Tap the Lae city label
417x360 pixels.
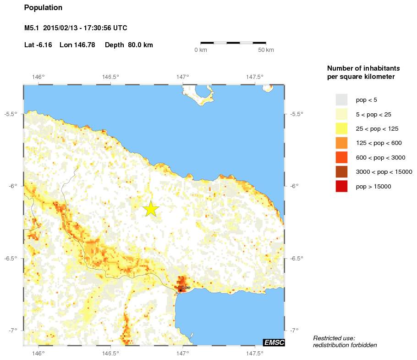tap(186, 287)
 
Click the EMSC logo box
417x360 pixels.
tap(274, 342)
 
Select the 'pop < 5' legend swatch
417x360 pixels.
tap(341, 100)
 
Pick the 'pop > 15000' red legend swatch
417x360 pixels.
tap(341, 186)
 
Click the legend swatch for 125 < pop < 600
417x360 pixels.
tap(341, 143)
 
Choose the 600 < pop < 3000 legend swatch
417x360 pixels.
tap(341, 157)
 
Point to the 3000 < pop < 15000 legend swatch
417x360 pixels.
tap(341, 172)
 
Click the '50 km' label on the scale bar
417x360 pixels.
tap(266, 50)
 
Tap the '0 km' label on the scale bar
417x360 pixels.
tap(201, 50)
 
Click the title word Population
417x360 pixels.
tap(43, 8)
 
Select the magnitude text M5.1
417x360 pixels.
tap(32, 28)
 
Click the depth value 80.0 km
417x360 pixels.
tap(141, 45)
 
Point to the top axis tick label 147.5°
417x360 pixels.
tap(254, 77)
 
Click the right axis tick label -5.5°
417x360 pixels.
tap(297, 114)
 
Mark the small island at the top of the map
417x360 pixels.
tap(202, 94)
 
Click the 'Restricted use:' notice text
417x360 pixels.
tap(335, 338)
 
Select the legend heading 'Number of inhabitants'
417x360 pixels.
tap(360, 68)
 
